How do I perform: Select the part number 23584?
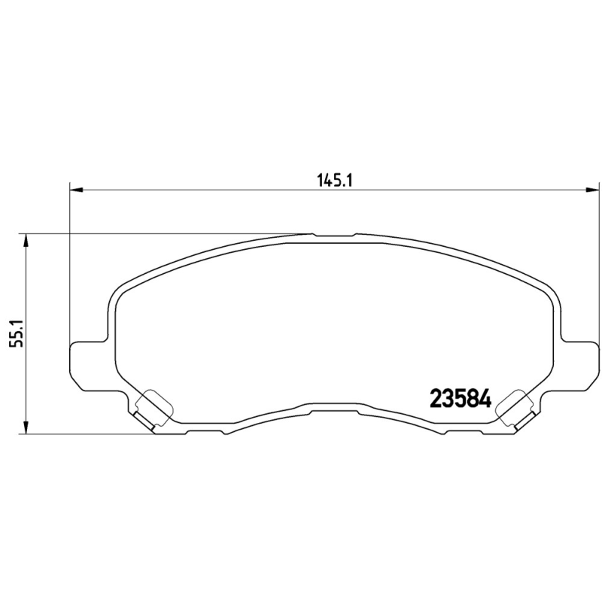point(460,398)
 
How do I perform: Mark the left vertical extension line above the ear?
point(69,263)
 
